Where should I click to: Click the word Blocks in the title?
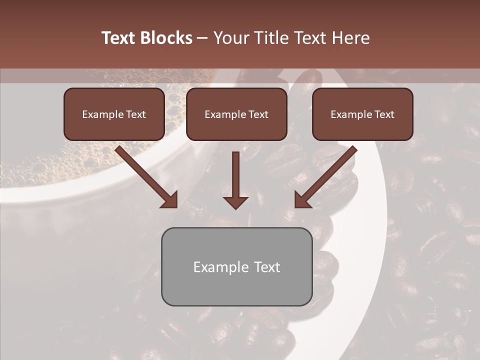[167, 38]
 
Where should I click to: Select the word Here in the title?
[351, 38]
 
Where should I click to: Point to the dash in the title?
[203, 38]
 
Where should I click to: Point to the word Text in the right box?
[384, 114]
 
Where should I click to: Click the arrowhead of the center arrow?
[235, 202]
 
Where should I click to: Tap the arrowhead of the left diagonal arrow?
[170, 200]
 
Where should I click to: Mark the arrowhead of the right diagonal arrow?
[302, 200]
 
